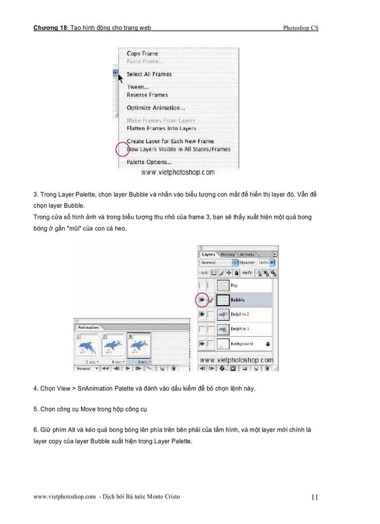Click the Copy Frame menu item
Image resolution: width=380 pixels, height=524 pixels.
142,54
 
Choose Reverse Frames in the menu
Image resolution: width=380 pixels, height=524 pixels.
147,95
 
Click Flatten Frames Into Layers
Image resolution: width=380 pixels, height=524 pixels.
161,128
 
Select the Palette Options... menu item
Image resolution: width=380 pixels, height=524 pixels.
149,162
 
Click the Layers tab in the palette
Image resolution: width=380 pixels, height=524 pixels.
208,254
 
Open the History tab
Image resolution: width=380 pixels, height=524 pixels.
228,254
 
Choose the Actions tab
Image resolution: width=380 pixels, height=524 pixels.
247,254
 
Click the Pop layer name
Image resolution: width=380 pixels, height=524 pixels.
234,285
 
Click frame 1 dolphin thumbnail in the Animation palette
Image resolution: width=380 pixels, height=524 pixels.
87,347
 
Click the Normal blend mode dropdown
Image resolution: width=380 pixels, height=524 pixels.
218,263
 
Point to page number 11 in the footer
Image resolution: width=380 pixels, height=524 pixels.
314,497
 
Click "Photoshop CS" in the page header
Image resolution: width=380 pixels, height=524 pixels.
300,28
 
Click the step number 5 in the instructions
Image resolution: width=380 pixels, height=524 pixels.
35,409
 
